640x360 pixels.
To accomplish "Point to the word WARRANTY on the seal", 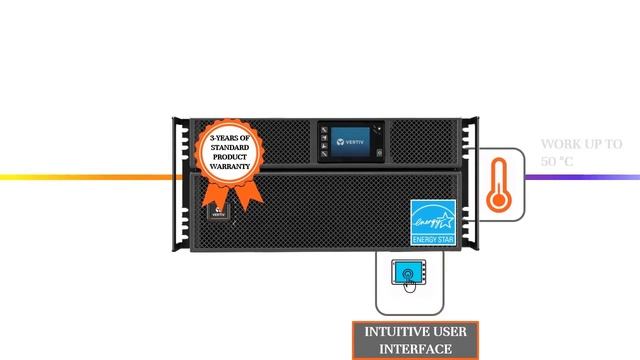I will (231, 167).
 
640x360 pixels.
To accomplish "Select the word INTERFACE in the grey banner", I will (415, 349).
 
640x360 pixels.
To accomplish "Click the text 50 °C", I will (557, 161).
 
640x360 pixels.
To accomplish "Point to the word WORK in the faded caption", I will (558, 144).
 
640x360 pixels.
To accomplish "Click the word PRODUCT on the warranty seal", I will (231, 158).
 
